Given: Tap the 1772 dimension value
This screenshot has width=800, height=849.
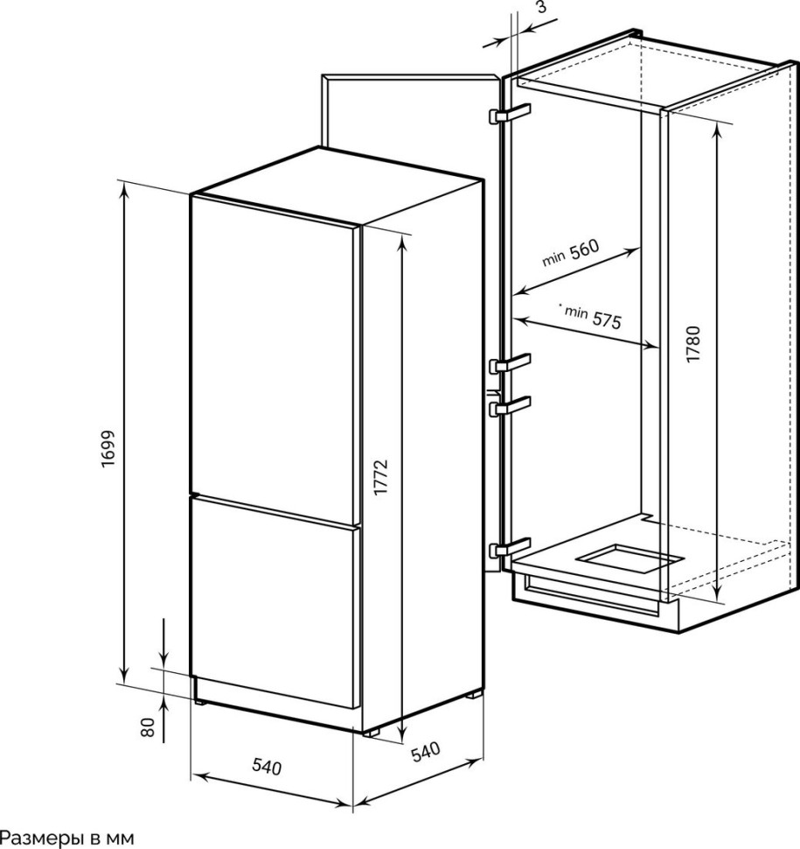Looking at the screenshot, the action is (381, 476).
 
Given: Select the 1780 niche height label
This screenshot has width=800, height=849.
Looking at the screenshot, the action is (693, 344).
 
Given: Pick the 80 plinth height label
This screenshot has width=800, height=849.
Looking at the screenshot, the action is (148, 727).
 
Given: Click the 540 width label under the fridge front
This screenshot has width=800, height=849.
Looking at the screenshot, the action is (268, 767).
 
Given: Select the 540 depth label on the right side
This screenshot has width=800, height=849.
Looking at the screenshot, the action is (426, 752).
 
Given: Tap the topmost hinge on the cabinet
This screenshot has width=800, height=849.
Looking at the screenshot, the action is (510, 114).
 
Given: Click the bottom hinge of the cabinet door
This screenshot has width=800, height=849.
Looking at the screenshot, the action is (510, 547).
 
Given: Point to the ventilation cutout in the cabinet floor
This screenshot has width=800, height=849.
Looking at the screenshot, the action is (628, 559).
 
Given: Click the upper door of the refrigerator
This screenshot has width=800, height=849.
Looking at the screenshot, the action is (275, 346).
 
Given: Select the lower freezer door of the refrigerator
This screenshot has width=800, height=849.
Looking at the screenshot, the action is (275, 602).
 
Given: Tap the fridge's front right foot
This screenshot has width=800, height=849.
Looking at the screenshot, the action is (371, 732).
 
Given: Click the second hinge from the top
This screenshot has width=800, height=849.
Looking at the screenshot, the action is (510, 363).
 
